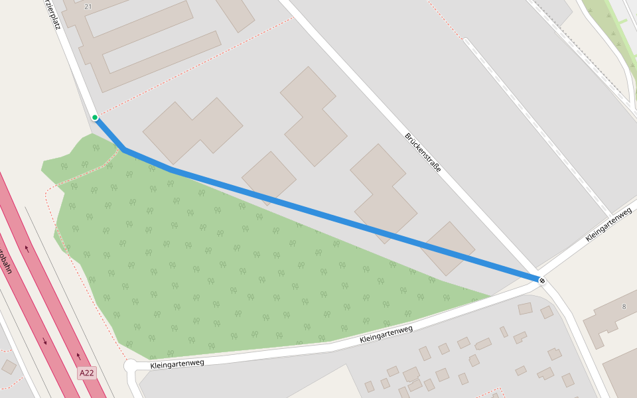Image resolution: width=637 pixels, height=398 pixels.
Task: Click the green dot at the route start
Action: [95, 117]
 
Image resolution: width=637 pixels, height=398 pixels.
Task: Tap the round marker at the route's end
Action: [542, 281]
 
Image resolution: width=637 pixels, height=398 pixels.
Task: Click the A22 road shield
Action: [87, 373]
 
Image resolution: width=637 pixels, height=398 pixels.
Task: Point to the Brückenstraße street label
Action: [423, 153]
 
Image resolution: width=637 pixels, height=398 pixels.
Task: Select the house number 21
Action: [89, 6]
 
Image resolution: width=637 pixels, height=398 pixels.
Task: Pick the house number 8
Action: [624, 306]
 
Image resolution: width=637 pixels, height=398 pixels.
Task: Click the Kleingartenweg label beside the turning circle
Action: [177, 363]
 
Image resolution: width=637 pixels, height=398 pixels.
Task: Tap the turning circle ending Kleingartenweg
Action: [130, 366]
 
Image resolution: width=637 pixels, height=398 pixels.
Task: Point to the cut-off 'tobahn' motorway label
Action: [6, 262]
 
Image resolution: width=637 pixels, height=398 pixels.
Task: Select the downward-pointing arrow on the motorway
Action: [45, 342]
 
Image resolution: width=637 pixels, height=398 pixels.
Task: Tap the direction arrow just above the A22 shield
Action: [78, 356]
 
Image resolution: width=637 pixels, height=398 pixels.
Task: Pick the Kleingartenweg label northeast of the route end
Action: [608, 226]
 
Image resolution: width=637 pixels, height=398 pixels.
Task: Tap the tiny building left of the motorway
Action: [9, 367]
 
